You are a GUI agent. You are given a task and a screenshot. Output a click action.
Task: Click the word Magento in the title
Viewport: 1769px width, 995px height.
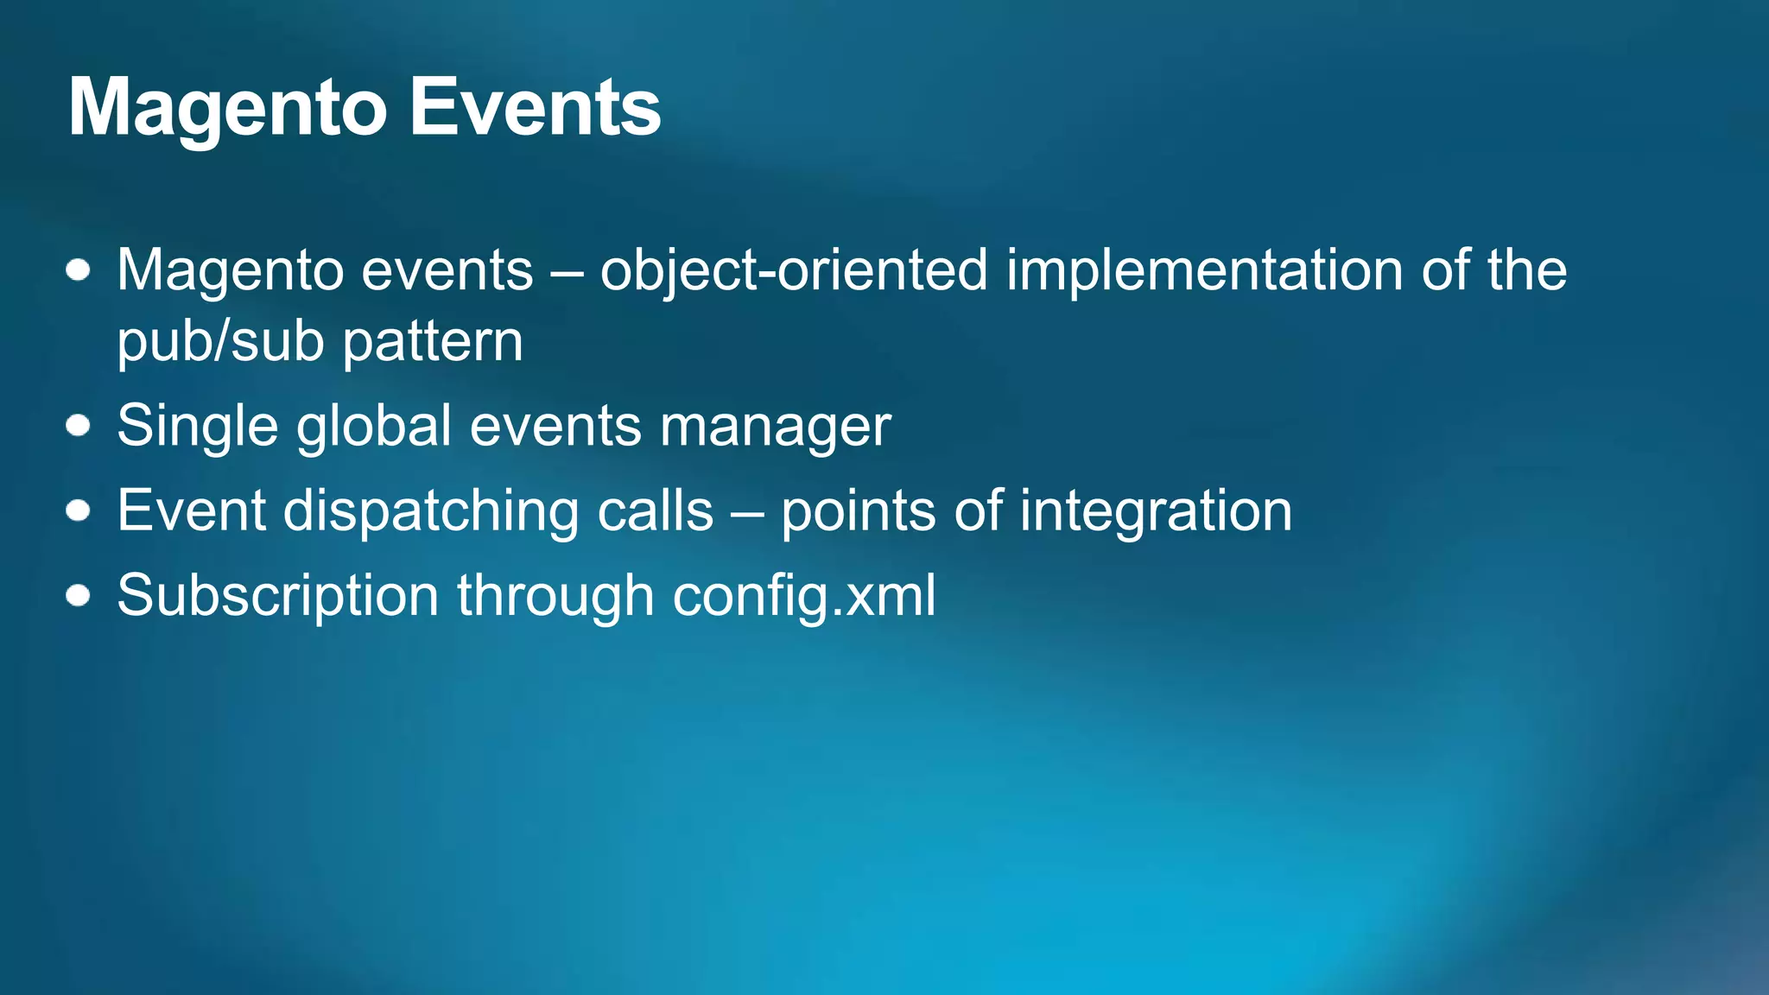point(226,110)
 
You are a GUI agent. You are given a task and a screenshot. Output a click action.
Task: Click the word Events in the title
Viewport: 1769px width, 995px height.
point(535,108)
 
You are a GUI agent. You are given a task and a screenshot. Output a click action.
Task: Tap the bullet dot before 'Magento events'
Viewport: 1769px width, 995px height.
point(79,270)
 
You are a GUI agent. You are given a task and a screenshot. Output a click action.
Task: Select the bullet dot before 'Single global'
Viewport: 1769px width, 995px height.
point(79,426)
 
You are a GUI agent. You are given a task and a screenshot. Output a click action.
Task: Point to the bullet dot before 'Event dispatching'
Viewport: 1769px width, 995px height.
point(79,510)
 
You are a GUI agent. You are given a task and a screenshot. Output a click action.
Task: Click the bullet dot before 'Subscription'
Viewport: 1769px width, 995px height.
point(79,595)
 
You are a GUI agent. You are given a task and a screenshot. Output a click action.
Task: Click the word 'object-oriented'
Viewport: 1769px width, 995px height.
point(793,271)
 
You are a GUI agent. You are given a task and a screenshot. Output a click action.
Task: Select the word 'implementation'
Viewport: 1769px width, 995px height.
point(1205,271)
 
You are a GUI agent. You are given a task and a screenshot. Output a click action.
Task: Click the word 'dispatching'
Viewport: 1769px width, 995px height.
point(431,511)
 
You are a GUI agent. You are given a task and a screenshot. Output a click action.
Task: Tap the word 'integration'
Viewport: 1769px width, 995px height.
point(1156,511)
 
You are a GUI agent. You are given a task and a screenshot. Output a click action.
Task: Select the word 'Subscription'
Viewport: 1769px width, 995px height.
point(278,596)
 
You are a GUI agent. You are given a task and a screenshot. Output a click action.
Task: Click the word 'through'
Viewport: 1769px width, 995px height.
point(555,596)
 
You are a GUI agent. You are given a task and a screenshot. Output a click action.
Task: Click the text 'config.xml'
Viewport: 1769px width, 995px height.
point(803,596)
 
